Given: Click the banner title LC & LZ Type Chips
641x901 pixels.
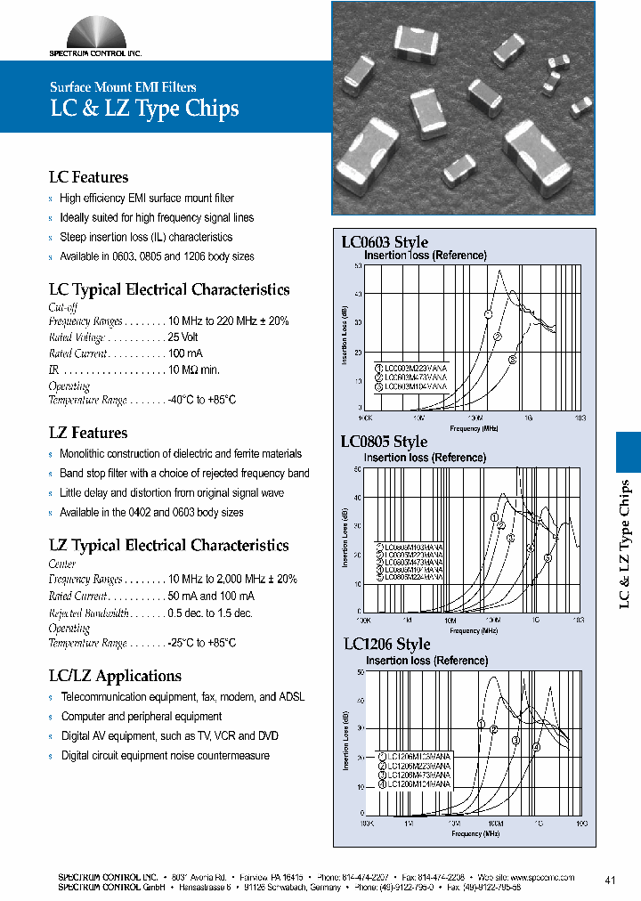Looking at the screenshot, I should pyautogui.click(x=143, y=110).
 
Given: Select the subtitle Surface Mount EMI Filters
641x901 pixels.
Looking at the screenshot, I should pyautogui.click(x=123, y=87).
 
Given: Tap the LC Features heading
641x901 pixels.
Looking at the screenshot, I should pyautogui.click(x=88, y=177).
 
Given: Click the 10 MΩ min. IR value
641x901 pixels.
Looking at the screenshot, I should pyautogui.click(x=193, y=369).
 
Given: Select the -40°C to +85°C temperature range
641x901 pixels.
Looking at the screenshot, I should pyautogui.click(x=202, y=401).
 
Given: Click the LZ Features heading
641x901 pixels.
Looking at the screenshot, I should pyautogui.click(x=88, y=433).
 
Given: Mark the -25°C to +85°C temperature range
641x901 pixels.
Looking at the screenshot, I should pyautogui.click(x=202, y=643).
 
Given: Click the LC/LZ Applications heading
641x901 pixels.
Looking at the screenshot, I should pyautogui.click(x=115, y=676).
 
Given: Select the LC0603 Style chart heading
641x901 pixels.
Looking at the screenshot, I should pyautogui.click(x=385, y=242).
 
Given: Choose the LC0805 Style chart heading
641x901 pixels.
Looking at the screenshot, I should pyautogui.click(x=384, y=442).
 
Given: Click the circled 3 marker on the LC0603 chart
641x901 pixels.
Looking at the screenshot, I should pyautogui.click(x=513, y=360).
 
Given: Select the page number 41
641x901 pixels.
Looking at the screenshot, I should pyautogui.click(x=610, y=881).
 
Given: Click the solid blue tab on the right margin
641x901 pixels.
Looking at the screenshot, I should pyautogui.click(x=629, y=451).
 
